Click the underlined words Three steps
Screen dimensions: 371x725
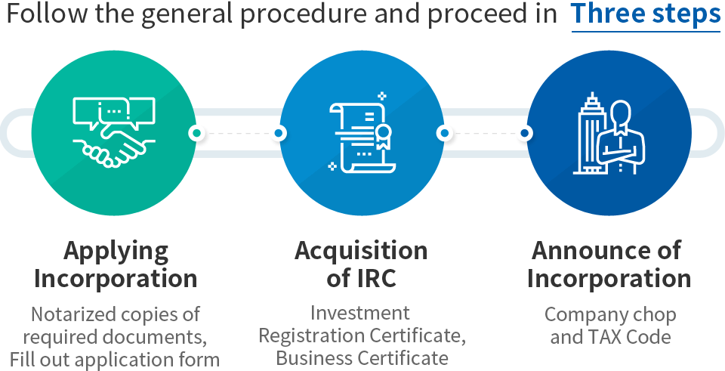[x=646, y=14]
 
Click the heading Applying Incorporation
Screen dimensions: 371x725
[x=116, y=264]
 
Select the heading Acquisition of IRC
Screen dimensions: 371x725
[x=361, y=264]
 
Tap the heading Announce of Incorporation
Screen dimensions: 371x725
[x=609, y=264]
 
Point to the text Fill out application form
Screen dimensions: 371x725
[x=115, y=357]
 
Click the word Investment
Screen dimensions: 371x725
[x=360, y=312]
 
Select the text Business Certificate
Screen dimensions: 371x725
[x=362, y=357]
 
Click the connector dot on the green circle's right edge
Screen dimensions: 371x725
[x=196, y=133]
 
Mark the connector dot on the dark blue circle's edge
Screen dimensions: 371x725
[x=525, y=133]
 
